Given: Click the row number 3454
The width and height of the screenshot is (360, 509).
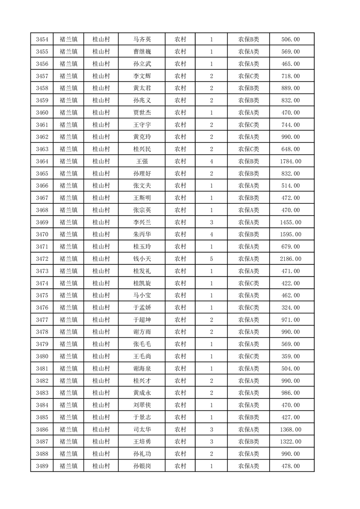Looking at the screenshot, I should pos(42,39).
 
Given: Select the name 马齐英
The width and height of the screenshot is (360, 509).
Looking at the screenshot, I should pos(141,39).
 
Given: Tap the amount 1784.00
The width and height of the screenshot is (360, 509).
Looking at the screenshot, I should pos(291,161).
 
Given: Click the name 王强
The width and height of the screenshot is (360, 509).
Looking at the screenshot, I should pos(141,161).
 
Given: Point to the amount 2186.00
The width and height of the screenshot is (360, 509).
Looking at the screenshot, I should pos(291,259).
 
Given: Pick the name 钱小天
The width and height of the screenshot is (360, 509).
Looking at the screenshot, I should pos(141,259).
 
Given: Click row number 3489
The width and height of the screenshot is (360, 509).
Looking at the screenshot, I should pos(42,466).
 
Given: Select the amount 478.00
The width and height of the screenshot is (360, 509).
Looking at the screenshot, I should pos(291,466).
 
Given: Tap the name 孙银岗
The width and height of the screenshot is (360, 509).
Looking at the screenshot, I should pos(141,466).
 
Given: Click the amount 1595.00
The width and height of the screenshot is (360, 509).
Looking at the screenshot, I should pos(291,235).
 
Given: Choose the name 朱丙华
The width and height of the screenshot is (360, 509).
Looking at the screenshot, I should pos(141,235).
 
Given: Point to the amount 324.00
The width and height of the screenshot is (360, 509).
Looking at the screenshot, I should pos(291,308).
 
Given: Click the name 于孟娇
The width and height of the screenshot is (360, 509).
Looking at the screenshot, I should pos(141,308).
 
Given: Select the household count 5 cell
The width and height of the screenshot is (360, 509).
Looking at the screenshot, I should pos(212,259).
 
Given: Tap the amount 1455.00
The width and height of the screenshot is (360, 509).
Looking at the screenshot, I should pos(291,222).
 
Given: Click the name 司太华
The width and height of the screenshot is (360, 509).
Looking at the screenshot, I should pos(141,429).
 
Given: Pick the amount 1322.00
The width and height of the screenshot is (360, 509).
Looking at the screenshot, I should pos(291,441).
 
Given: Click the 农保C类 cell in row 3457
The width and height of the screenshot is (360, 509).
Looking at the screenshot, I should pos(248,76).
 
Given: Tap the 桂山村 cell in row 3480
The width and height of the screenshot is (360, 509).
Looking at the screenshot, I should pos(101,356).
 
